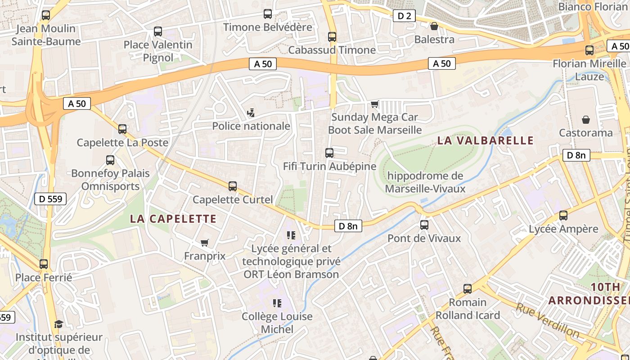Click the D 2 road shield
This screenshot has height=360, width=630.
click(405, 16)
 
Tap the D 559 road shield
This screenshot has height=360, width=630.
click(50, 198)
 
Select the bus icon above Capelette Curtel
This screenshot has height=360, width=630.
click(233, 186)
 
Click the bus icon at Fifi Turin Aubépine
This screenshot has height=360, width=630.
click(329, 153)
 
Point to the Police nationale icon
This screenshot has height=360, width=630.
click(251, 113)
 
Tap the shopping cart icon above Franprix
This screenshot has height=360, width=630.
click(205, 243)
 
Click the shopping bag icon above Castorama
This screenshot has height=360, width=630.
click(586, 120)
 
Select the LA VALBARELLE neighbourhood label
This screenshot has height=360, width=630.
click(486, 140)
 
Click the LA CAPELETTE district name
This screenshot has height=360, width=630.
click(173, 219)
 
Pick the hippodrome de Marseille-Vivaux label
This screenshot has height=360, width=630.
click(425, 182)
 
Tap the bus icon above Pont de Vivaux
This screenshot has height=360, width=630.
click(424, 225)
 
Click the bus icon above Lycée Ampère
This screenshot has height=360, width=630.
click(563, 216)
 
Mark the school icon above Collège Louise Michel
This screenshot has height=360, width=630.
click(277, 303)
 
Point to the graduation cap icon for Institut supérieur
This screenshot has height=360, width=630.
click(58, 324)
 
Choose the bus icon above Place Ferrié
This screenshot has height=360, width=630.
click(44, 264)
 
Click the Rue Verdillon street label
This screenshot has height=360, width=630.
click(547, 320)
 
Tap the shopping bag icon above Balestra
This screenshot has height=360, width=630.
click(434, 26)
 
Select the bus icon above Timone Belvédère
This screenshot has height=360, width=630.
click(268, 14)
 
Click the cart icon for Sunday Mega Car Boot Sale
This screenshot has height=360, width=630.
click(374, 104)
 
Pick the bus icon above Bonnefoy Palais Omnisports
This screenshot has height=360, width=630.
click(110, 160)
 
